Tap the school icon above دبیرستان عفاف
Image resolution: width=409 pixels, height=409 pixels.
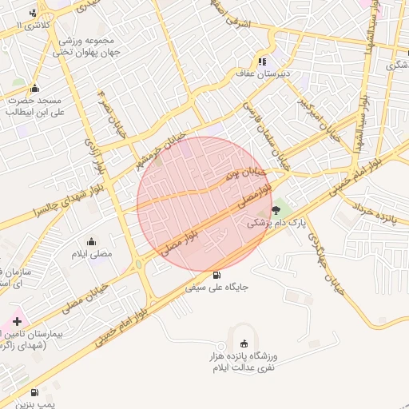261,62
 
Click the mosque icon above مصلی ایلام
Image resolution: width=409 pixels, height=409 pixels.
92,241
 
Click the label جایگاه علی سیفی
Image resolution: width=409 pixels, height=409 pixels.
219,285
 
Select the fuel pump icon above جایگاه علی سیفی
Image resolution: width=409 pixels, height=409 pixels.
219,273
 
